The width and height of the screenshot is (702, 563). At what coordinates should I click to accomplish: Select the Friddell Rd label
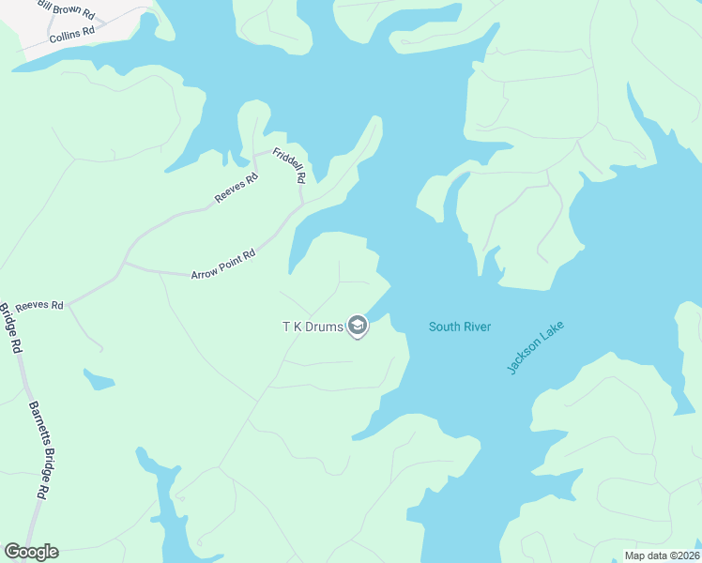pyautogui.click(x=290, y=166)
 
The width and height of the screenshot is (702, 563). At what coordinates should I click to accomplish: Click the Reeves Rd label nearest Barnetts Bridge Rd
pyautogui.click(x=38, y=305)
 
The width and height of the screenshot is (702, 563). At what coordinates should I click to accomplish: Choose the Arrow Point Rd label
pyautogui.click(x=223, y=265)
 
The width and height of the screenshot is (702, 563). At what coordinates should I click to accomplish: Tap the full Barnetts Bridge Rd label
pyautogui.click(x=38, y=450)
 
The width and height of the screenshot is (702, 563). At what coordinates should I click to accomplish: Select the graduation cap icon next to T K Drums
pyautogui.click(x=357, y=326)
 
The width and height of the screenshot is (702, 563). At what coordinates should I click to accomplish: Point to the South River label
pyautogui.click(x=460, y=327)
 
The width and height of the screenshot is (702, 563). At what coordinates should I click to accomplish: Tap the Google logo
pyautogui.click(x=31, y=552)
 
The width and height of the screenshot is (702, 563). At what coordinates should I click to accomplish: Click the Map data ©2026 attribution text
pyautogui.click(x=662, y=555)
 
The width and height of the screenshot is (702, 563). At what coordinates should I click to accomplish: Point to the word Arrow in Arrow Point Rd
pyautogui.click(x=204, y=273)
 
